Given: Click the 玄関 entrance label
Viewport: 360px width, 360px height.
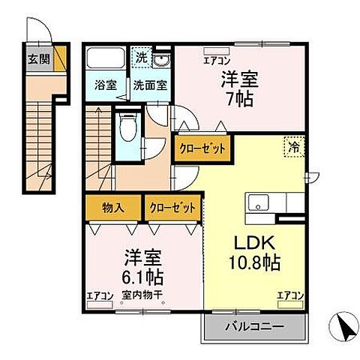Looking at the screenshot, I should tap(37, 58).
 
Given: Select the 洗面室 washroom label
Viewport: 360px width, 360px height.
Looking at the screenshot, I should tap(150, 85).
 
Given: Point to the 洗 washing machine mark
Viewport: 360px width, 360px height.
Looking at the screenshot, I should tap(141, 56).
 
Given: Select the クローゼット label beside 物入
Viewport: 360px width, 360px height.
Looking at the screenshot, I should tap(174, 205).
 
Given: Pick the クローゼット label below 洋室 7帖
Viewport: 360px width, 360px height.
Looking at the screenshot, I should tap(202, 148).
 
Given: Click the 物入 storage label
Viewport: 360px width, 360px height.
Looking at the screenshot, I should tap(114, 205).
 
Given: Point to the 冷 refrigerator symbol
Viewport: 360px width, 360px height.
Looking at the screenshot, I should tap(294, 148).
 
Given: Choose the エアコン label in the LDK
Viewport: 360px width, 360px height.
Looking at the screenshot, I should tap(290, 295).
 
